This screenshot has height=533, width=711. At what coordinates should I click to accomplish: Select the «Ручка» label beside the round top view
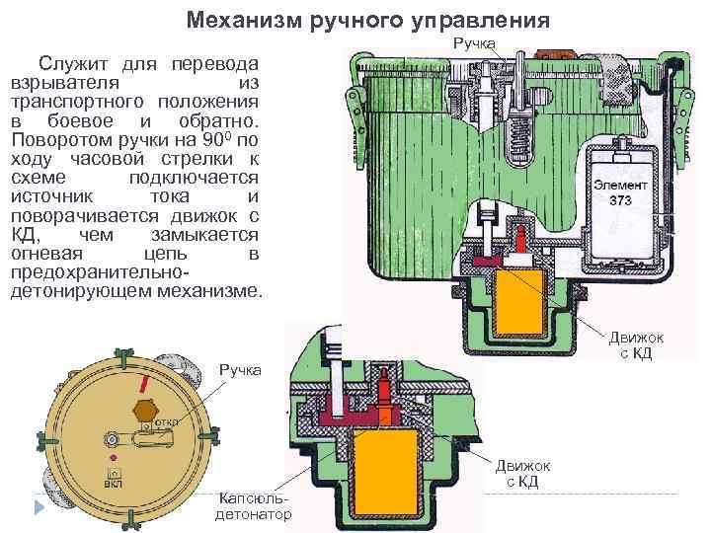tap(241, 370)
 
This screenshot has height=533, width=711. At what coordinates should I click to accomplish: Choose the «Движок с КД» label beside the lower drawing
tap(522, 473)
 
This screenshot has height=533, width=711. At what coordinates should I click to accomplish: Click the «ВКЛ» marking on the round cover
tap(115, 485)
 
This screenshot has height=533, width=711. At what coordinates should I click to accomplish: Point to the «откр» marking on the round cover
tap(165, 421)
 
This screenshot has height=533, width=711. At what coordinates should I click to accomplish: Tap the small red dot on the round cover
tap(115, 458)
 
